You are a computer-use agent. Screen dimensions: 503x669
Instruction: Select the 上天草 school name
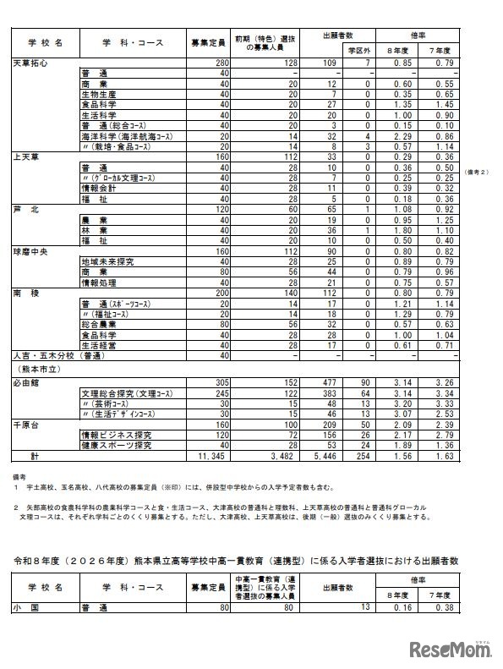pyautogui.click(x=25, y=156)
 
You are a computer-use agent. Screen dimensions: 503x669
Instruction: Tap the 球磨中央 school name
pyautogui.click(x=31, y=252)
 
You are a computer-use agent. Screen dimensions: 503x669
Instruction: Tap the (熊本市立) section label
pyautogui.click(x=36, y=370)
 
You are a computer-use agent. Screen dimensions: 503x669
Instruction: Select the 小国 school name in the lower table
pyautogui.click(x=23, y=606)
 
